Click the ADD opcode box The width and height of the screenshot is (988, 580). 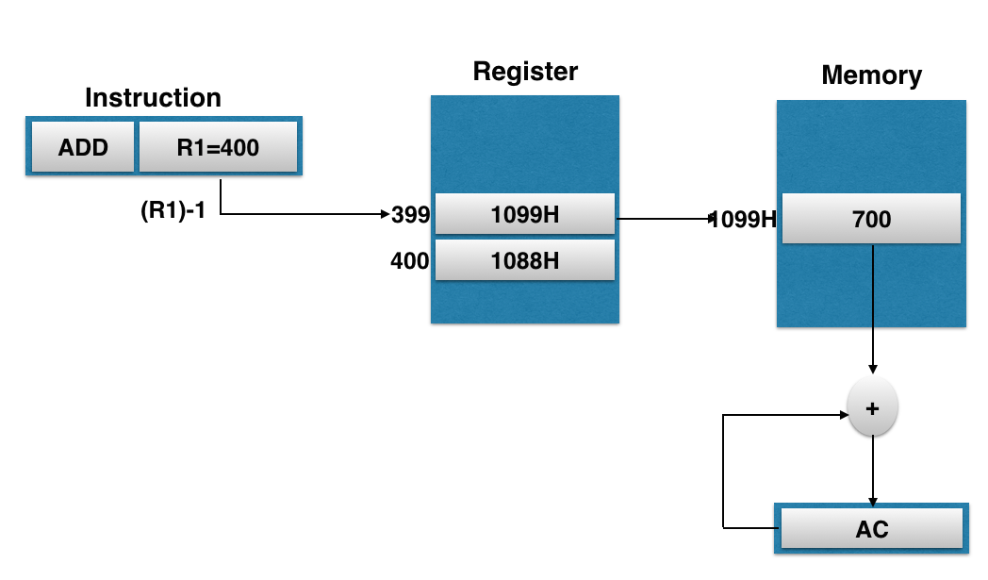click(x=83, y=147)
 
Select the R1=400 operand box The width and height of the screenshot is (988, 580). click(x=218, y=147)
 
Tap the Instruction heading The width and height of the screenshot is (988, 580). click(x=153, y=98)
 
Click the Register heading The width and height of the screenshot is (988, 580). click(x=525, y=72)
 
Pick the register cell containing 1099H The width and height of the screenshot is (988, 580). click(x=525, y=214)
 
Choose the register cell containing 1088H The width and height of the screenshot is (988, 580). click(x=525, y=260)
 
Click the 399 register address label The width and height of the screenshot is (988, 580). click(x=411, y=215)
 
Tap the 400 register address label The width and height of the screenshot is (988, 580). click(x=410, y=260)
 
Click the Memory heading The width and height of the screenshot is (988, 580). click(x=871, y=75)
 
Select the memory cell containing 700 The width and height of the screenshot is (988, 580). click(x=871, y=220)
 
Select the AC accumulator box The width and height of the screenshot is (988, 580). click(x=871, y=529)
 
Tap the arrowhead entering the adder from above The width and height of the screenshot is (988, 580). click(x=873, y=369)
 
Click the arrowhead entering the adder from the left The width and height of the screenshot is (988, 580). click(x=841, y=414)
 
